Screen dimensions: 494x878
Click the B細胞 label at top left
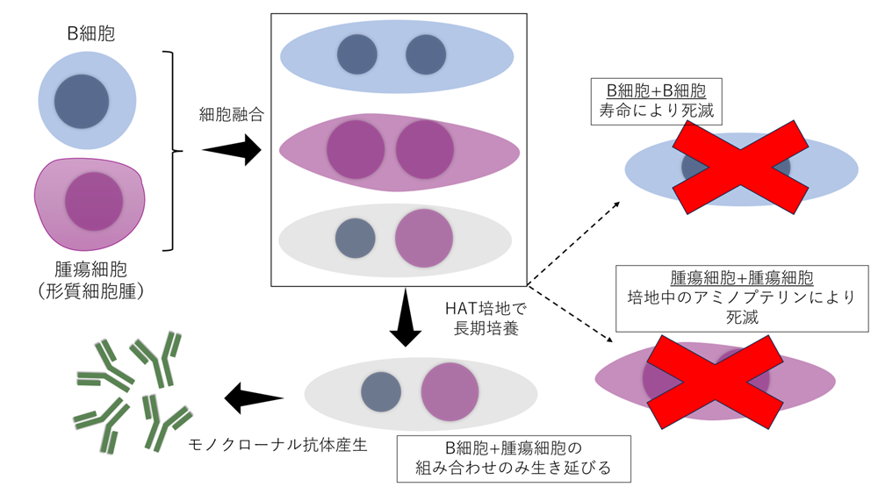coord(91,35)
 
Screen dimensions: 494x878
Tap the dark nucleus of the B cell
coord(82,101)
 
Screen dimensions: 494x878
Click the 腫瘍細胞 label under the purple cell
coord(91,266)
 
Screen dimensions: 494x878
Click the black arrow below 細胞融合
coord(232,150)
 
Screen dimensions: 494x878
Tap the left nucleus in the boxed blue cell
coord(357,54)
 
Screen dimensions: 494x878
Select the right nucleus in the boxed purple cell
coord(424,149)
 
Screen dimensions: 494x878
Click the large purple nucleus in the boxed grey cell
coord(423,238)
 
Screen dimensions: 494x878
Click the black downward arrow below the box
coord(405,320)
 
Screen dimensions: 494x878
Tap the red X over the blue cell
coord(740,168)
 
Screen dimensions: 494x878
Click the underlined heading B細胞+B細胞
coord(656,91)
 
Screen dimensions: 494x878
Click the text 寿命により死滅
coord(656,112)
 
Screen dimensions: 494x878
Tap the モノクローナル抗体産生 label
coord(277,445)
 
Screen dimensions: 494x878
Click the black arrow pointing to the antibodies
coord(255,397)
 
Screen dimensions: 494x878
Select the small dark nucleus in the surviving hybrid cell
coord(380,391)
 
